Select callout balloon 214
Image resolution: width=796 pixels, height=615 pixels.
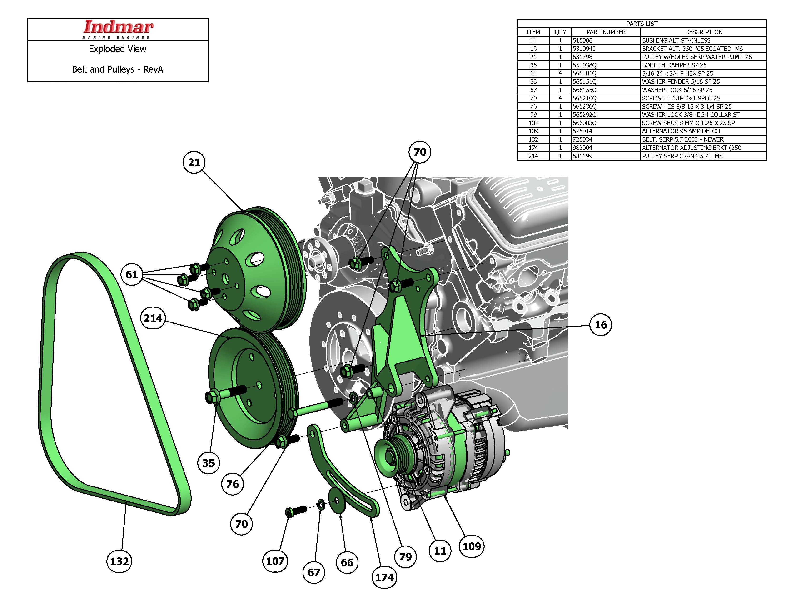coord(153,318)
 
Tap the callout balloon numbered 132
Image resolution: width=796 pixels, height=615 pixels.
coord(119,561)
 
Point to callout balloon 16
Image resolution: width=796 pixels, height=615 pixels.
coord(601,325)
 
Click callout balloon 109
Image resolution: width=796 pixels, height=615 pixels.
coord(472,546)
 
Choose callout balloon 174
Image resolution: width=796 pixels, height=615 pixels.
coord(384,577)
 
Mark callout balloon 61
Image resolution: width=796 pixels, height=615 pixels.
coord(132,274)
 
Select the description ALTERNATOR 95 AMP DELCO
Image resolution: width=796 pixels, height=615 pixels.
coord(681,131)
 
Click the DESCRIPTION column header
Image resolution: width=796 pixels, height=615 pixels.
coord(703,32)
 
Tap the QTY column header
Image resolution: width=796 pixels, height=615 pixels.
coord(560,32)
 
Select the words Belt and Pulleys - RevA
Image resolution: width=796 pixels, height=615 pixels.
coord(117,69)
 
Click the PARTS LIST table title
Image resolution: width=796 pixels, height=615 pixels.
coord(642,24)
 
